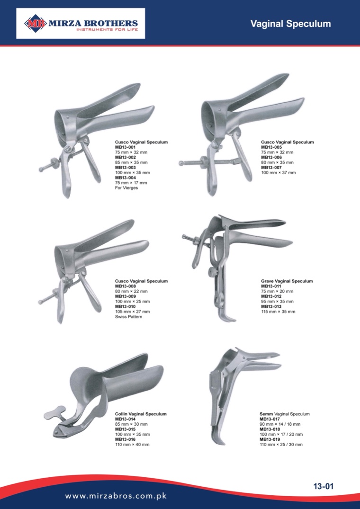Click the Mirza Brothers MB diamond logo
click(36, 23)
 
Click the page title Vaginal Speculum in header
click(290, 24)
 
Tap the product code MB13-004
click(126, 178)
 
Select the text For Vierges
click(126, 188)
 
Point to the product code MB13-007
click(271, 168)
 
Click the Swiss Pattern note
click(128, 316)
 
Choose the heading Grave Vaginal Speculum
click(287, 281)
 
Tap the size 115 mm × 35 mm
click(278, 312)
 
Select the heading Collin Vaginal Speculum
click(141, 414)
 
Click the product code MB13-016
click(126, 439)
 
